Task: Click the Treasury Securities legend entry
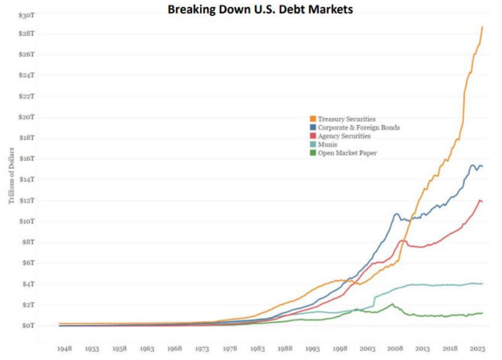347,119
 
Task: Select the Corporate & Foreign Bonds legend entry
359,127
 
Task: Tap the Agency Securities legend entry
344,136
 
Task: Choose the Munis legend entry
327,144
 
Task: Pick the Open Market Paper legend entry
347,153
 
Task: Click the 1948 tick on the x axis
65,348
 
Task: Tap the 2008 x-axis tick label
394,348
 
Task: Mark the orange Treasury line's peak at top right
482,27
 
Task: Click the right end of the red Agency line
482,202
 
